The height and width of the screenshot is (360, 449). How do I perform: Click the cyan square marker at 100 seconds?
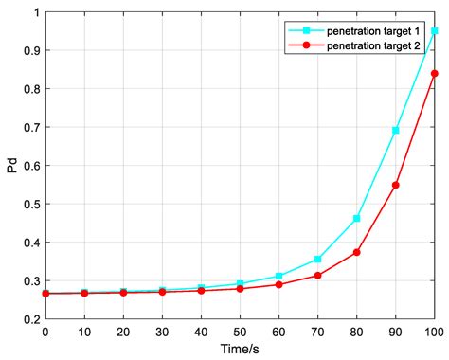pyautogui.click(x=435, y=31)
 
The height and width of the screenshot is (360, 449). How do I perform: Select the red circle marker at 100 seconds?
pyautogui.click(x=435, y=73)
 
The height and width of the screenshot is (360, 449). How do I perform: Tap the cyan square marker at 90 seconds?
pyautogui.click(x=396, y=130)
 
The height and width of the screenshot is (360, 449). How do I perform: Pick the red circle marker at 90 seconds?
pyautogui.click(x=396, y=185)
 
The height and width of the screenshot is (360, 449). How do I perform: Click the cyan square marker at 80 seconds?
pyautogui.click(x=357, y=218)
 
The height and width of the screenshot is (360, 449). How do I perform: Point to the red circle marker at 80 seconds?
pyautogui.click(x=357, y=252)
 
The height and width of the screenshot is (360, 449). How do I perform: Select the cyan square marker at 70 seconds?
pyautogui.click(x=318, y=259)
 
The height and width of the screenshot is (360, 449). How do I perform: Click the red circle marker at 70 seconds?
pyautogui.click(x=318, y=276)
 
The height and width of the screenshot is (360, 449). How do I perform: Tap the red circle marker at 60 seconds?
pyautogui.click(x=278, y=284)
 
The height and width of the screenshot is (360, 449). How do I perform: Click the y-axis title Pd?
pyautogui.click(x=11, y=167)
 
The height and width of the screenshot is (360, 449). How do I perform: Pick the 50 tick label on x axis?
pyautogui.click(x=240, y=332)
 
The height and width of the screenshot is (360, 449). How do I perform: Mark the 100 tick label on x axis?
pyautogui.click(x=434, y=332)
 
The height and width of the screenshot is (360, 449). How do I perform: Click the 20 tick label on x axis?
pyautogui.click(x=123, y=332)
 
